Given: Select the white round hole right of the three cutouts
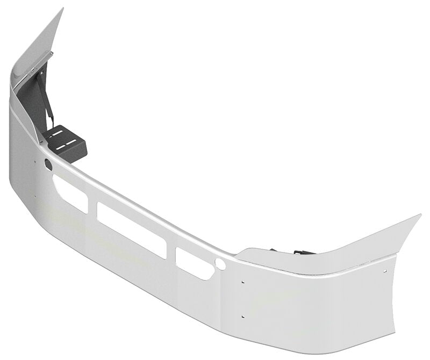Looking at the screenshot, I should (x=220, y=264).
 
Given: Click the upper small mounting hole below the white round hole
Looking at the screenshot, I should (x=243, y=283).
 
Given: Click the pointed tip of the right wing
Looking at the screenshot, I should (x=420, y=215).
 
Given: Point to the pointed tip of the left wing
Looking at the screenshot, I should (x=62, y=9).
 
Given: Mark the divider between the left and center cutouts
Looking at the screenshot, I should (x=92, y=207).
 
